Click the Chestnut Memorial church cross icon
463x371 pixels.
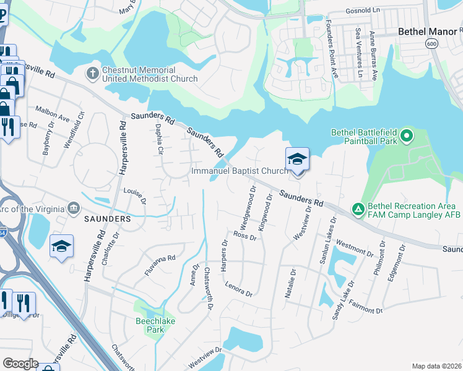[92, 74]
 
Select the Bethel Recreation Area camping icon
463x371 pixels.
[358, 210]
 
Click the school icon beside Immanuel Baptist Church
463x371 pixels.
[297, 159]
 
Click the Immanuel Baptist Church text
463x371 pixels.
[240, 171]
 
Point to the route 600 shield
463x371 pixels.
[432, 43]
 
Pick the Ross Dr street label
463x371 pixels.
[244, 236]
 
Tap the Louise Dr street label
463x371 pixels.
[134, 195]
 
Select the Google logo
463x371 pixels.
[20, 364]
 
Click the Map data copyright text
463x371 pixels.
[436, 366]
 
